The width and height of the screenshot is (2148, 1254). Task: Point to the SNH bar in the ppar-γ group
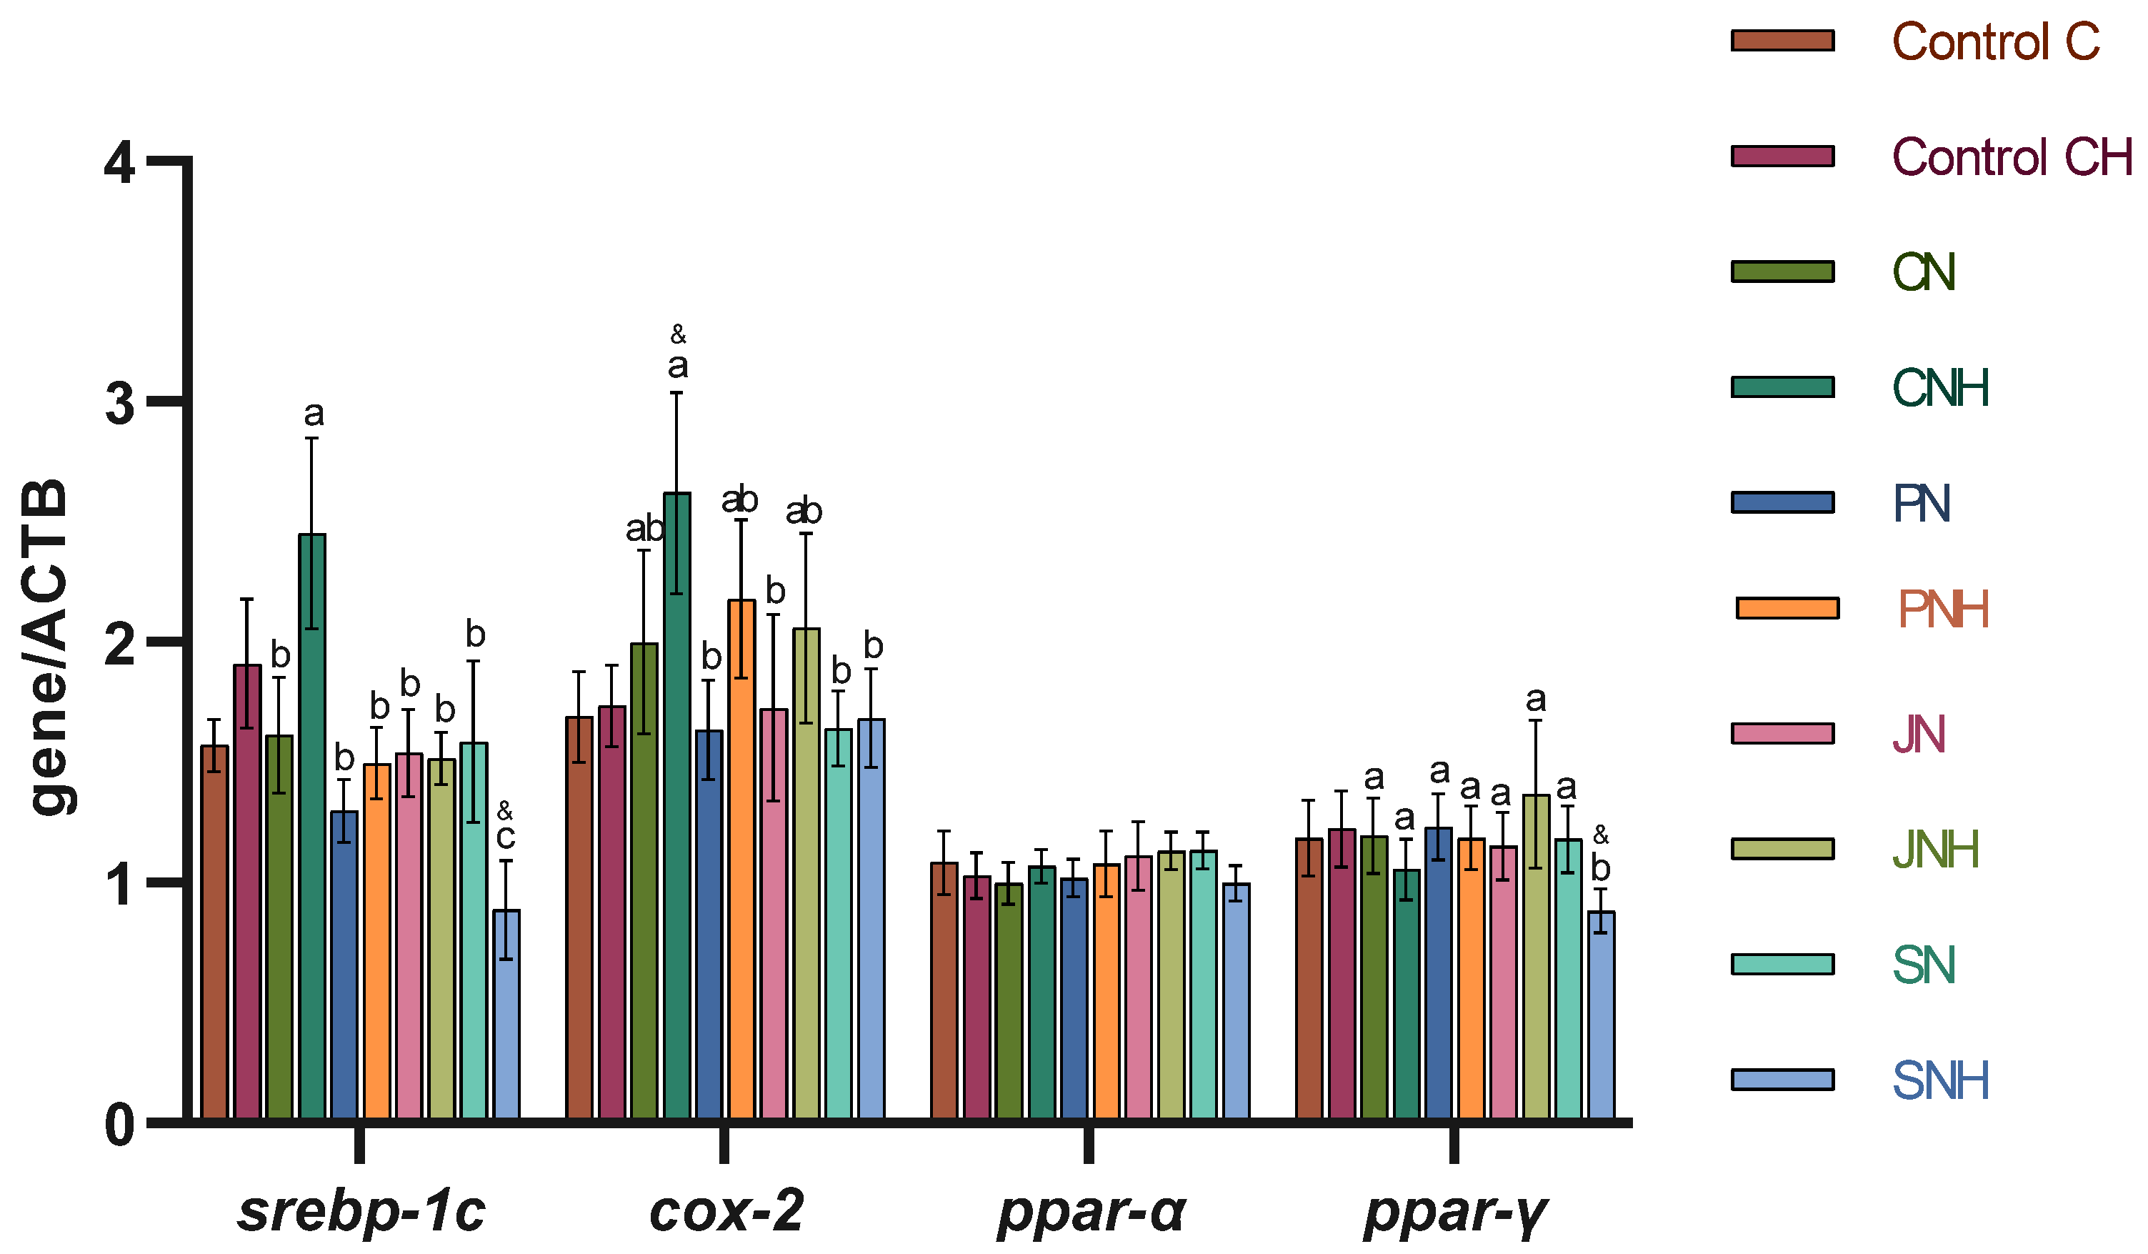click(1601, 1015)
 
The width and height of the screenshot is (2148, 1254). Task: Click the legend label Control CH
click(2012, 158)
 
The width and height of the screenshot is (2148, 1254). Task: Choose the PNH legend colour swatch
click(1787, 608)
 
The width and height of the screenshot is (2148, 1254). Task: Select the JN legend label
click(1919, 734)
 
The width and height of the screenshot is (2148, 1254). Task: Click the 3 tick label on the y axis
click(120, 403)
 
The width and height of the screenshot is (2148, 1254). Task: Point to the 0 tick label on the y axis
click(120, 1125)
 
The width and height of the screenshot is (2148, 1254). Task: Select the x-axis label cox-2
click(726, 1210)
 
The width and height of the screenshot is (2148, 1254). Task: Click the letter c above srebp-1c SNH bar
click(506, 837)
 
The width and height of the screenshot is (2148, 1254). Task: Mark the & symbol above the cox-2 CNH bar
click(678, 334)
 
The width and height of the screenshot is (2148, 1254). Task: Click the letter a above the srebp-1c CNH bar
click(314, 414)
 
